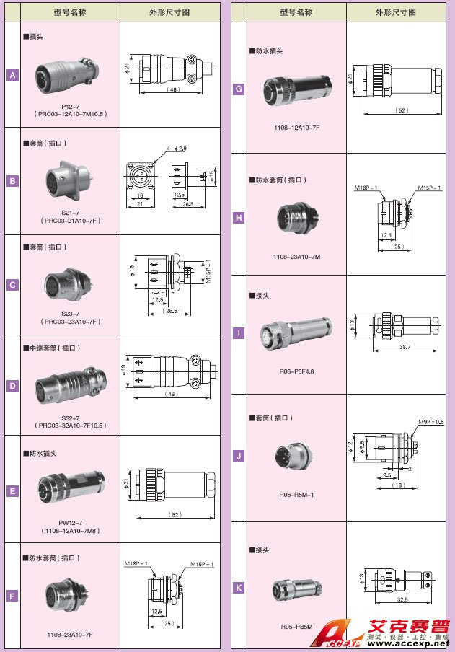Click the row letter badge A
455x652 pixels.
pos(12,75)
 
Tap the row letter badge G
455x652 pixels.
pos(239,90)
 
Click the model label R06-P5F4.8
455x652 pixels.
pos(296,371)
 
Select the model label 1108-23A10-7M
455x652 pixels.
pos(296,256)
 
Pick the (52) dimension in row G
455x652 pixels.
pos(402,110)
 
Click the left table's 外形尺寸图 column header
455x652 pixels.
pos(169,12)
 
